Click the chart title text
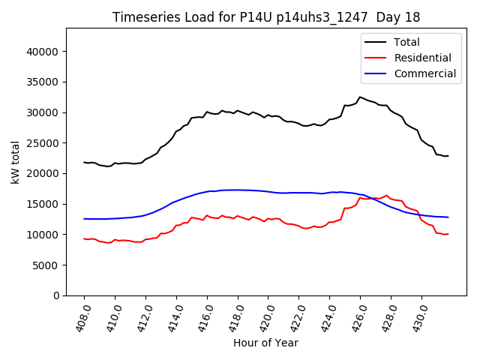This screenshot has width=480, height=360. [x=266, y=16]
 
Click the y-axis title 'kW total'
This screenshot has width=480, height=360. [x=16, y=162]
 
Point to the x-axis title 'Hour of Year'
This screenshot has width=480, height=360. [x=265, y=343]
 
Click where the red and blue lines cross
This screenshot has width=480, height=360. [x=373, y=198]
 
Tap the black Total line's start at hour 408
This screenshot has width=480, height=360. [x=84, y=162]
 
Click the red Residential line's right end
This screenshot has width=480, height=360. [x=448, y=234]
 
